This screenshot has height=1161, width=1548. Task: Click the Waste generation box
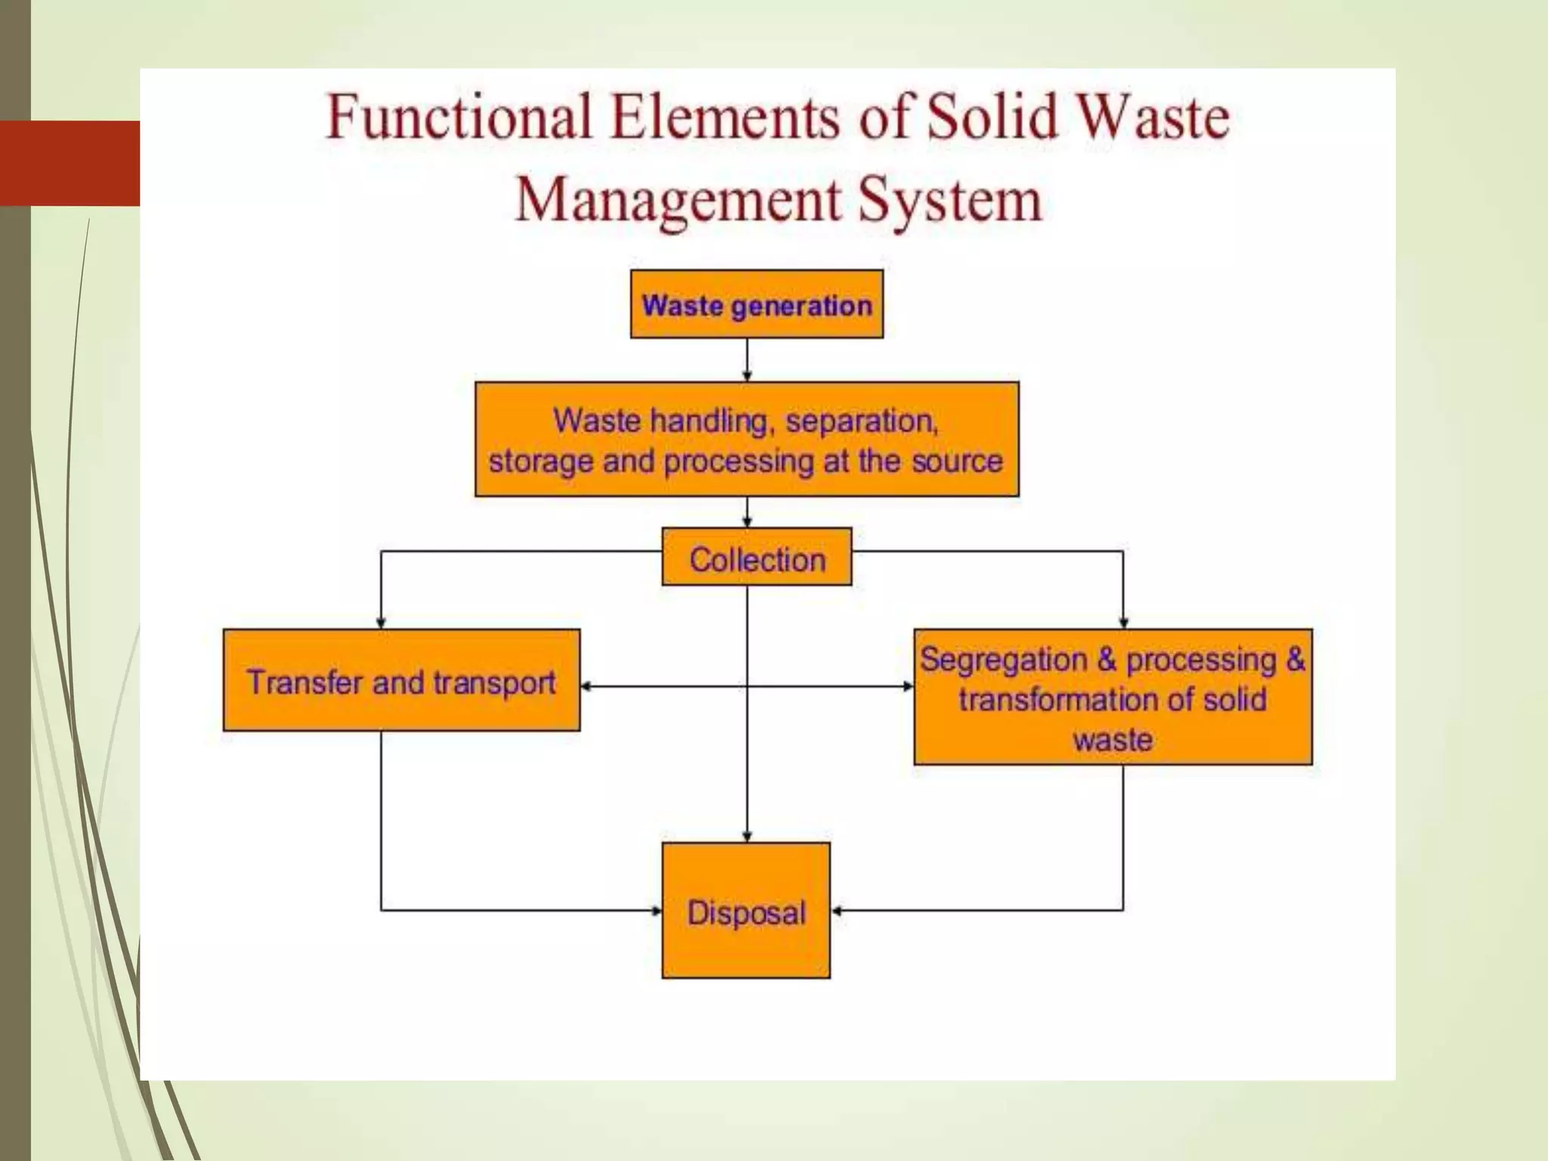click(757, 304)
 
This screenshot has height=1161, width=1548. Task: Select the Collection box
click(757, 557)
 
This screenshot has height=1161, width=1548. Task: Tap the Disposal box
click(746, 911)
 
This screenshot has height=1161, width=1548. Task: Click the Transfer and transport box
click(401, 680)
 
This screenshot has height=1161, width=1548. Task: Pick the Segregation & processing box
click(1113, 697)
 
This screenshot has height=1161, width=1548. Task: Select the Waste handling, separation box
click(747, 439)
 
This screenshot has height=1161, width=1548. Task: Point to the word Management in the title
click(678, 200)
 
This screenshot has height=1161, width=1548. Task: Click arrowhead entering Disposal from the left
click(657, 911)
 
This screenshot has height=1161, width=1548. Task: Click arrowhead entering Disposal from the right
click(836, 911)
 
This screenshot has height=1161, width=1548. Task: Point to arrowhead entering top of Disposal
click(748, 837)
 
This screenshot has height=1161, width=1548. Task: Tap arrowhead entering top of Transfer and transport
click(381, 623)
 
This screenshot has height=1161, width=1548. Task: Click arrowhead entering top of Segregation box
click(1123, 623)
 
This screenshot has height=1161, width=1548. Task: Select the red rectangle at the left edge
click(70, 163)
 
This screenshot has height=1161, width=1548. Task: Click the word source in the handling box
click(957, 461)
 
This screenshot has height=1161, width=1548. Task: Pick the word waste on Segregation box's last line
click(1113, 738)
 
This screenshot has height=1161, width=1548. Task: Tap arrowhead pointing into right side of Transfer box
click(586, 686)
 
